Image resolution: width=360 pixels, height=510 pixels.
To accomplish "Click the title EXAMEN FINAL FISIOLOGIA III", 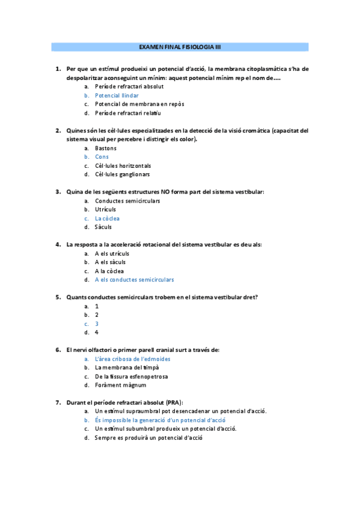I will pyautogui.click(x=180, y=46).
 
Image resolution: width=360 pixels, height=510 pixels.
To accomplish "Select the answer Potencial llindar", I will pyautogui.click(x=117, y=95).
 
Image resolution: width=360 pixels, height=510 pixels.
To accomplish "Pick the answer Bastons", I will pyautogui.click(x=106, y=148).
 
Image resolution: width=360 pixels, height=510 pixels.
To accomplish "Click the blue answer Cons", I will pyautogui.click(x=102, y=157).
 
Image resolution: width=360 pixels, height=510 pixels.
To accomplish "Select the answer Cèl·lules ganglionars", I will pyautogui.click(x=122, y=174).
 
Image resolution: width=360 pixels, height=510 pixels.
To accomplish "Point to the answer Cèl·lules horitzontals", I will pyautogui.click(x=123, y=165).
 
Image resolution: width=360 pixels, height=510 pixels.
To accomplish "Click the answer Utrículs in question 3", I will pyautogui.click(x=105, y=209).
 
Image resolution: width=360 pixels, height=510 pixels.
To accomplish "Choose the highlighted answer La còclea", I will pyautogui.click(x=107, y=218).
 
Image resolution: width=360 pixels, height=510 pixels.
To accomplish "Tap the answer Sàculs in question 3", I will pyautogui.click(x=103, y=227).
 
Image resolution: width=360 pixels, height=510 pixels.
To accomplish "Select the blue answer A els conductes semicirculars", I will pyautogui.click(x=134, y=280).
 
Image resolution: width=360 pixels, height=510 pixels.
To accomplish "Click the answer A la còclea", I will pyautogui.click(x=109, y=271).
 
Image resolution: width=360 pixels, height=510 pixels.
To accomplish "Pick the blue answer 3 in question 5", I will pyautogui.click(x=97, y=324).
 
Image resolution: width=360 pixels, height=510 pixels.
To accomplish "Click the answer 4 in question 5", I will pyautogui.click(x=97, y=332).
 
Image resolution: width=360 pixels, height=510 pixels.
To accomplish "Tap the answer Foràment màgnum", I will pyautogui.click(x=120, y=385).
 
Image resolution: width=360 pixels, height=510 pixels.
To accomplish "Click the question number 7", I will pyautogui.click(x=58, y=402).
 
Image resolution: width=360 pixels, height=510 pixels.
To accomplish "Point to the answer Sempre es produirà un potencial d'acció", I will pyautogui.click(x=148, y=438).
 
